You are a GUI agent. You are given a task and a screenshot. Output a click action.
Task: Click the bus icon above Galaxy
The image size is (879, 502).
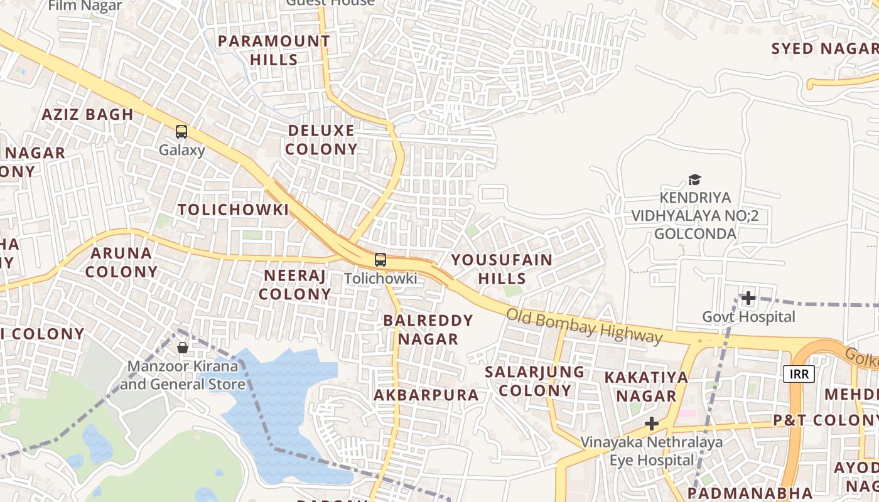click(181, 132)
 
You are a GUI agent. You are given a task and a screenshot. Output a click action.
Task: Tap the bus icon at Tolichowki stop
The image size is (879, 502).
click(380, 260)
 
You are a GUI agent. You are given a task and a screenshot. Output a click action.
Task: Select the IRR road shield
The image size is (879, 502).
click(799, 374)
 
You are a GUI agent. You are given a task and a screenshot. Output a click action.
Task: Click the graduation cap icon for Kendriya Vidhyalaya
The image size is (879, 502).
click(694, 180)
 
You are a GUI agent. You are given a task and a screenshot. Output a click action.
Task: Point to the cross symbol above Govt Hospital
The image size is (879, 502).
click(748, 298)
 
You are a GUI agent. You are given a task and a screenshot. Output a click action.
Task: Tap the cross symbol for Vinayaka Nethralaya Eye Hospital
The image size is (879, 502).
click(652, 424)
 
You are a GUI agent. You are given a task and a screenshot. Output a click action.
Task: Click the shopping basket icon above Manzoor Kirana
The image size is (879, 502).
click(183, 347)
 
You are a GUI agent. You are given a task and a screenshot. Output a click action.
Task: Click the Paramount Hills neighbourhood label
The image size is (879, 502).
click(274, 50)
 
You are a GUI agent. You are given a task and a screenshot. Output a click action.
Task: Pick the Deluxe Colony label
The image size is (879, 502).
click(322, 140)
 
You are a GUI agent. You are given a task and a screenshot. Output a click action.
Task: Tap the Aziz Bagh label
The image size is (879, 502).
click(87, 114)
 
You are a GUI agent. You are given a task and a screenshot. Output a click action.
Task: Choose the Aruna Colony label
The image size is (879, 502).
click(121, 262)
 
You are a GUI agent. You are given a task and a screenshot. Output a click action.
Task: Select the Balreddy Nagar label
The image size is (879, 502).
click(428, 329)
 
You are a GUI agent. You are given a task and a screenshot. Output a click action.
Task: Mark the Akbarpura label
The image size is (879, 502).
click(426, 395)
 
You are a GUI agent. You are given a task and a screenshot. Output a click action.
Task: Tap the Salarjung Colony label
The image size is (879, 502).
click(534, 381)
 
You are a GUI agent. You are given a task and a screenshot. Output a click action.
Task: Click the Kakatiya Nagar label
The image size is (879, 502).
click(646, 387)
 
